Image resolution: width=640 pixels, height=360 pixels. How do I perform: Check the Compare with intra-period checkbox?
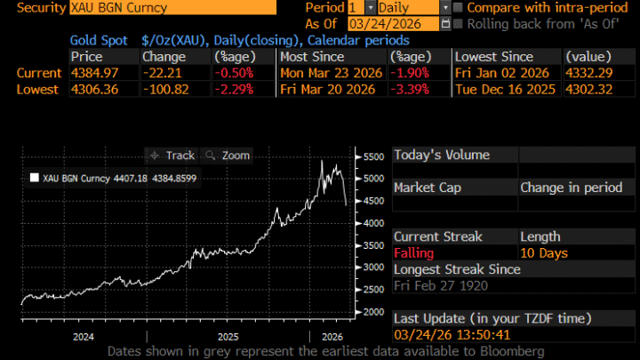pos(458,7)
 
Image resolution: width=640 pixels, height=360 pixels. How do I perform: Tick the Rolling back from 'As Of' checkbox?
pos(458,24)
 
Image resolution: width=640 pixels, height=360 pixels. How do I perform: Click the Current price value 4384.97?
pos(92,72)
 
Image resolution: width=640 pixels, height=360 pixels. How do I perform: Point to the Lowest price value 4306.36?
pos(92,89)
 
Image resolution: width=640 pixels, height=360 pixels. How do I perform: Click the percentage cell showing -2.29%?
pos(234,89)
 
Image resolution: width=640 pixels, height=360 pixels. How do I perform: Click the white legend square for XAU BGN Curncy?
pos(35,178)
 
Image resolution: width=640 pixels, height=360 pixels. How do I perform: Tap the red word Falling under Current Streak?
pos(414,253)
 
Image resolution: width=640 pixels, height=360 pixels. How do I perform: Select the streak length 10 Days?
pos(544,253)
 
